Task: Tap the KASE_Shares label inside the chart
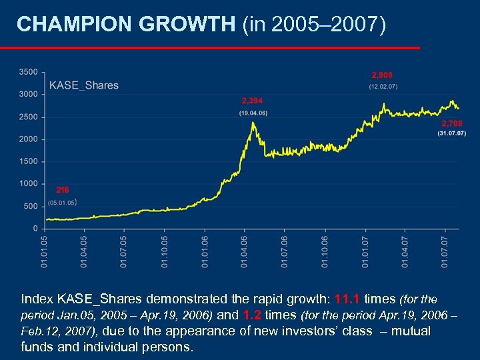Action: tap(83, 85)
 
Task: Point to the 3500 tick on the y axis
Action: tap(27, 72)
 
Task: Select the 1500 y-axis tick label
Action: tap(27, 161)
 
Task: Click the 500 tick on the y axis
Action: tap(30, 206)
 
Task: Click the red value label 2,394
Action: tap(252, 101)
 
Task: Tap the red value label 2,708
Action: tap(451, 124)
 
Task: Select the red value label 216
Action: tap(62, 190)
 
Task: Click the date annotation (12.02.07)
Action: tap(383, 87)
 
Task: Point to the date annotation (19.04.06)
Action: tap(253, 113)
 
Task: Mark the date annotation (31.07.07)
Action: tap(451, 134)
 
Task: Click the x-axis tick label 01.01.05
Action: tap(44, 250)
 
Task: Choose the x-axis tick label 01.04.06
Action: tap(244, 250)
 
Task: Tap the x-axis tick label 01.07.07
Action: tap(445, 250)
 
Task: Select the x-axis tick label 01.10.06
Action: tap(325, 250)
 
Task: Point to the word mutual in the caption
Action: tap(413, 331)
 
